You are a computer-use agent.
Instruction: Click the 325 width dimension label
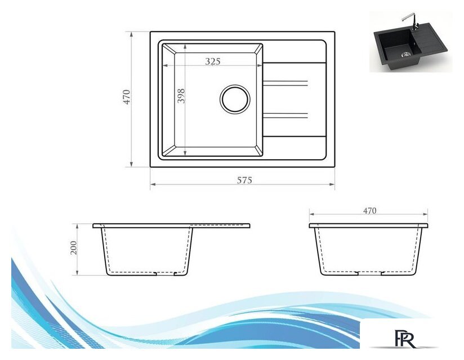pyautogui.click(x=212, y=61)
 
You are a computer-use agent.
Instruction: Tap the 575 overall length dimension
pyautogui.click(x=243, y=180)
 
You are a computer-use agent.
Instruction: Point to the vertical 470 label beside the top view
pyautogui.click(x=127, y=97)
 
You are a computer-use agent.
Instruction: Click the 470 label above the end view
pyautogui.click(x=369, y=211)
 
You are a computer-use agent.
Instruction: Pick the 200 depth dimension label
pyautogui.click(x=73, y=247)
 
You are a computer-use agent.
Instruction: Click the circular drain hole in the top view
pyautogui.click(x=234, y=99)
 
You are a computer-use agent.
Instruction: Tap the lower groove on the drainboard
pyautogui.click(x=285, y=116)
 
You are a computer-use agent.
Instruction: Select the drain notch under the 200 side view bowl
pyautogui.click(x=166, y=274)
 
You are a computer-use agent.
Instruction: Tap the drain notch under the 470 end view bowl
pyautogui.click(x=369, y=274)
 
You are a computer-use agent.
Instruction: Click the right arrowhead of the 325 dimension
pyautogui.click(x=260, y=66)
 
